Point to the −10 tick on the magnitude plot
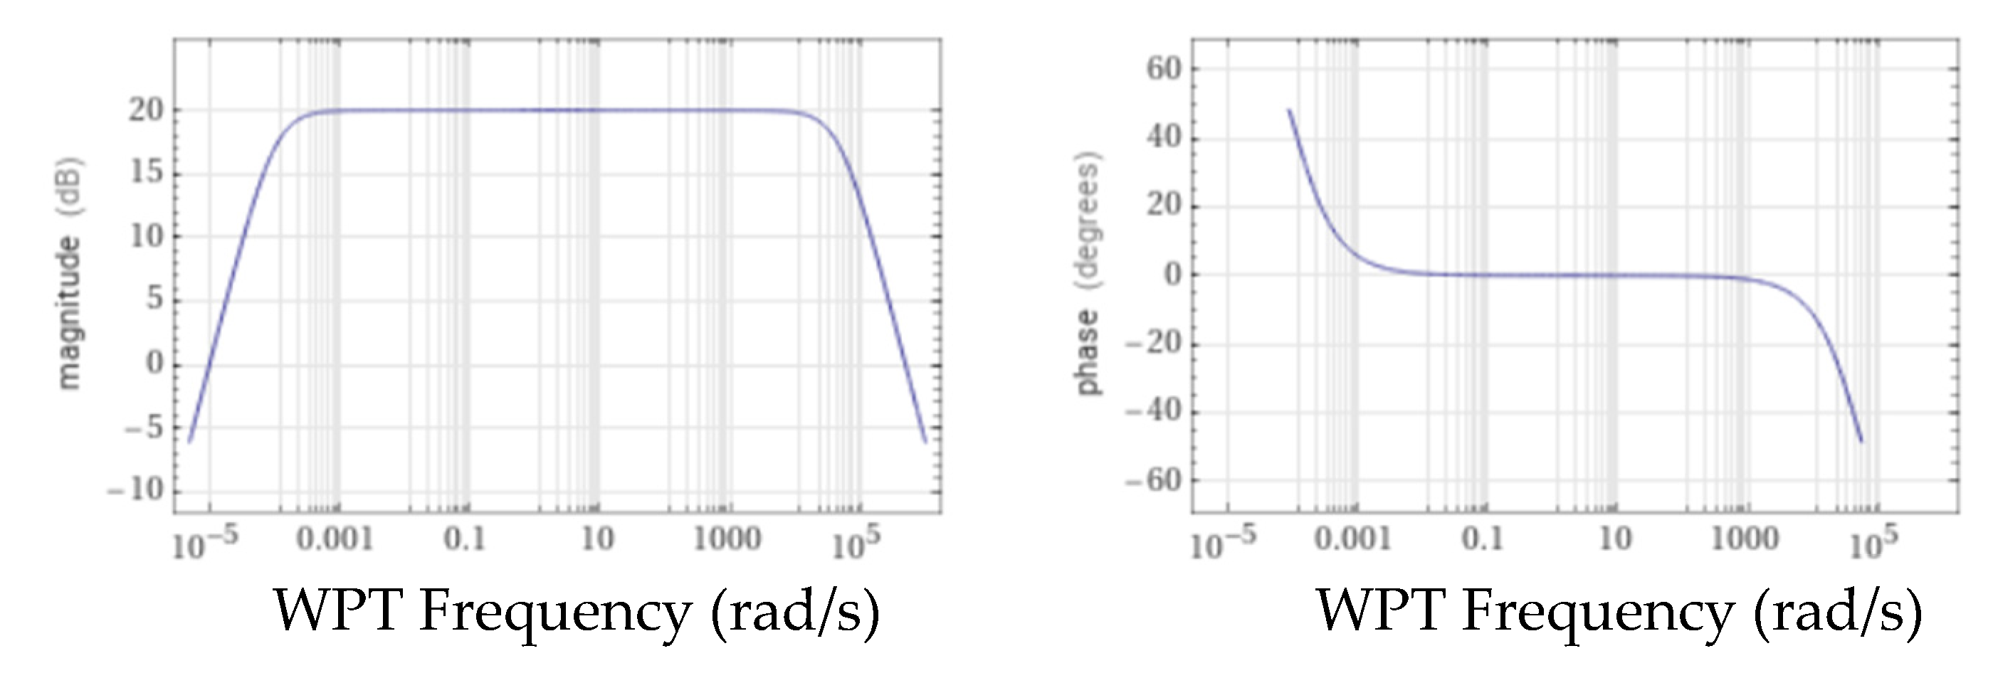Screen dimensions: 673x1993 [x=137, y=489]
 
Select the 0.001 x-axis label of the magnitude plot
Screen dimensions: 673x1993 [x=335, y=539]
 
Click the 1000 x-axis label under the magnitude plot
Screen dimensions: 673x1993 [x=727, y=539]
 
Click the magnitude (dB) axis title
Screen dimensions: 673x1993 [x=70, y=274]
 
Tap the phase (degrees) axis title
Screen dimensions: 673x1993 [x=1088, y=274]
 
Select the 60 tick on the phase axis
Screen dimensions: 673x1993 [x=1164, y=69]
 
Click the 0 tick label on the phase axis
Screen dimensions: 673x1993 [x=1174, y=275]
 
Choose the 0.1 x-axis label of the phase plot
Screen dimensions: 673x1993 [x=1483, y=539]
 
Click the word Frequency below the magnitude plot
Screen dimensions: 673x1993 [x=554, y=611]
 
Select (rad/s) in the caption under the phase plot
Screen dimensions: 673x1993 [x=1836, y=611]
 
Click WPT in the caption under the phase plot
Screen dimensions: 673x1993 [x=1380, y=611]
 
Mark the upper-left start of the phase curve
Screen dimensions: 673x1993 [x=1289, y=110]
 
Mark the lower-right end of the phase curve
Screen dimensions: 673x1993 [x=1861, y=442]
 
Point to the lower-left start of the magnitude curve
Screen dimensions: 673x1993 [x=189, y=442]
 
